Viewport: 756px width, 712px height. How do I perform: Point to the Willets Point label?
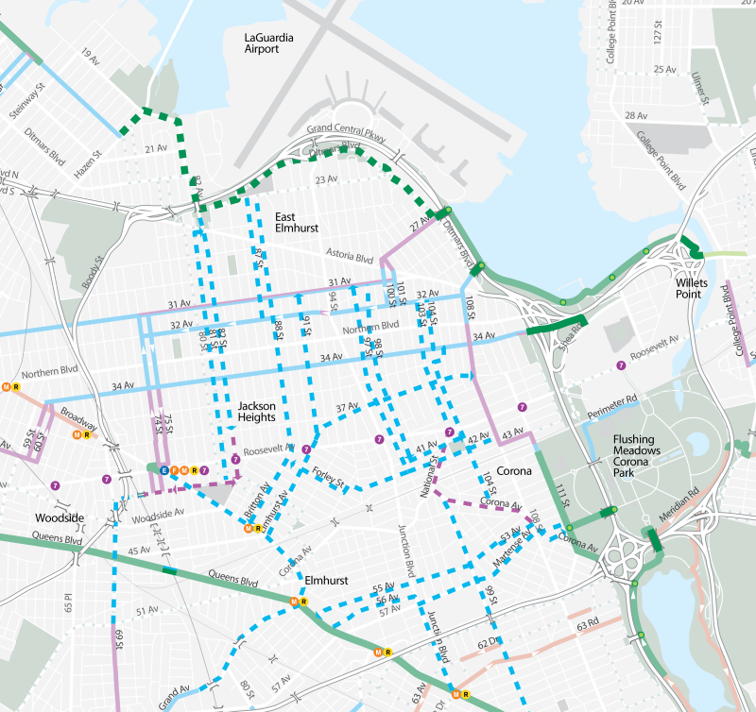[x=697, y=282]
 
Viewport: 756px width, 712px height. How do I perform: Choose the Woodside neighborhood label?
[x=60, y=518]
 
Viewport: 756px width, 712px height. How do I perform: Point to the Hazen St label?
[x=92, y=165]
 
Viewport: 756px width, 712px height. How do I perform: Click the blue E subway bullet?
[x=164, y=469]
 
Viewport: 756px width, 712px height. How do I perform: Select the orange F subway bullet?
[x=175, y=469]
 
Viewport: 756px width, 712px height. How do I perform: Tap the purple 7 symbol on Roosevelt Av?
[x=379, y=439]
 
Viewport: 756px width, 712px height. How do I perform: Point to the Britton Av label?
[x=257, y=503]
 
